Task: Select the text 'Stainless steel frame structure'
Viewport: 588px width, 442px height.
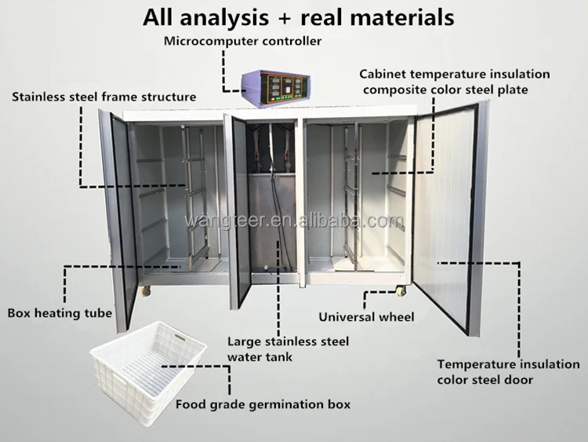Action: [103, 97]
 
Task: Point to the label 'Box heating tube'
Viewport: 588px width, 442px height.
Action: [60, 312]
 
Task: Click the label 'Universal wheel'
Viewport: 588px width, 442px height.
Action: [366, 317]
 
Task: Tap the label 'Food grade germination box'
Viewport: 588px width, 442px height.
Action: [263, 406]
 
